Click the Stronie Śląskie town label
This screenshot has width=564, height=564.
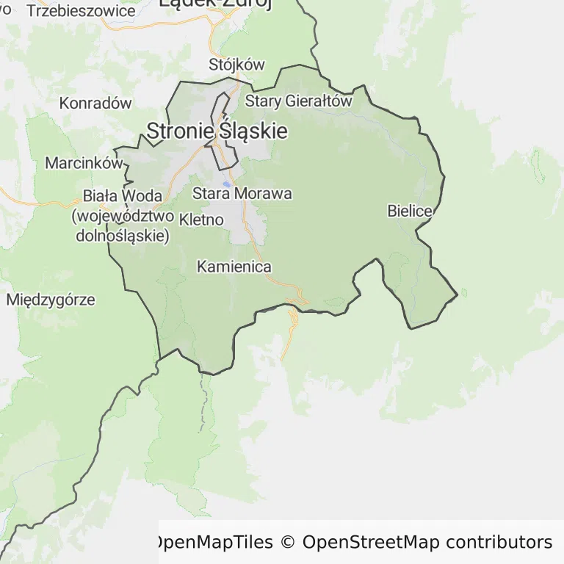coord(217,131)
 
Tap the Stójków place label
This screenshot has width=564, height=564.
coord(236,64)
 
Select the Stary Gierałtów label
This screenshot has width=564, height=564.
coord(299,101)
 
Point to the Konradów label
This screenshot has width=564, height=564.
coord(95,103)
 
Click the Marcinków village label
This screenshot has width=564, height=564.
coord(84,163)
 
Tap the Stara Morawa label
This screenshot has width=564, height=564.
coord(242,194)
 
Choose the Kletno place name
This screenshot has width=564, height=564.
coord(201,219)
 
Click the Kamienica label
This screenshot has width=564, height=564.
coord(234,267)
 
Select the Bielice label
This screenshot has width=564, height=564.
coord(410,211)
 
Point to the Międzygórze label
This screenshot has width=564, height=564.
coord(51,300)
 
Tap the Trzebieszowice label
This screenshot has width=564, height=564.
coord(81,11)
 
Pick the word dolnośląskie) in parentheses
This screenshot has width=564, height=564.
coord(123,236)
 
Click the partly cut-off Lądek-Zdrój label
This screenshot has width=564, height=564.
coord(215,4)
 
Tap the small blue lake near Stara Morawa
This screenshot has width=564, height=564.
coord(228,184)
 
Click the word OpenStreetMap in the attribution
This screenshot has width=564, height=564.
coord(370,543)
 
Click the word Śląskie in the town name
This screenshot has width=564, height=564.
coord(253,131)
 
